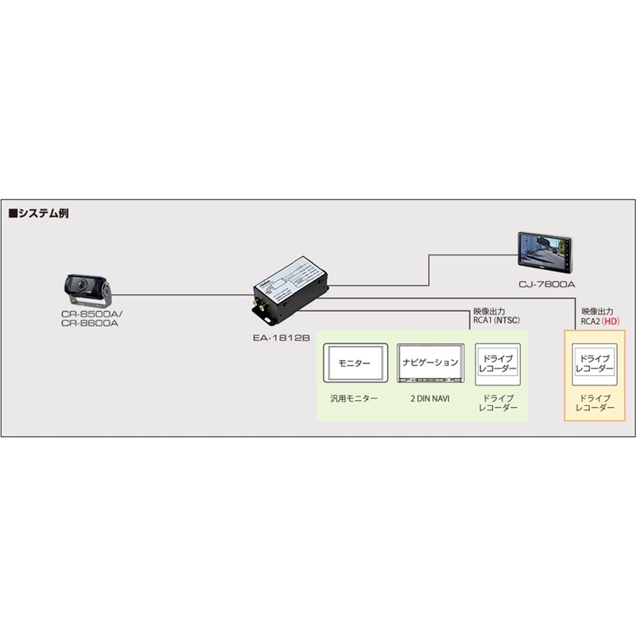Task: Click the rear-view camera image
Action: (x=89, y=290)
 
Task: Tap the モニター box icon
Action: (x=355, y=363)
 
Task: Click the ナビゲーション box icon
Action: (x=429, y=363)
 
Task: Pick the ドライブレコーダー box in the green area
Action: (x=497, y=365)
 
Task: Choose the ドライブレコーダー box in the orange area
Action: (x=594, y=365)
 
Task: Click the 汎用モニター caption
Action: (x=354, y=399)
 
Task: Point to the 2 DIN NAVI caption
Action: (x=429, y=399)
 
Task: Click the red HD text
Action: (x=611, y=322)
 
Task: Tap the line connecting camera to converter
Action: (x=185, y=295)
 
